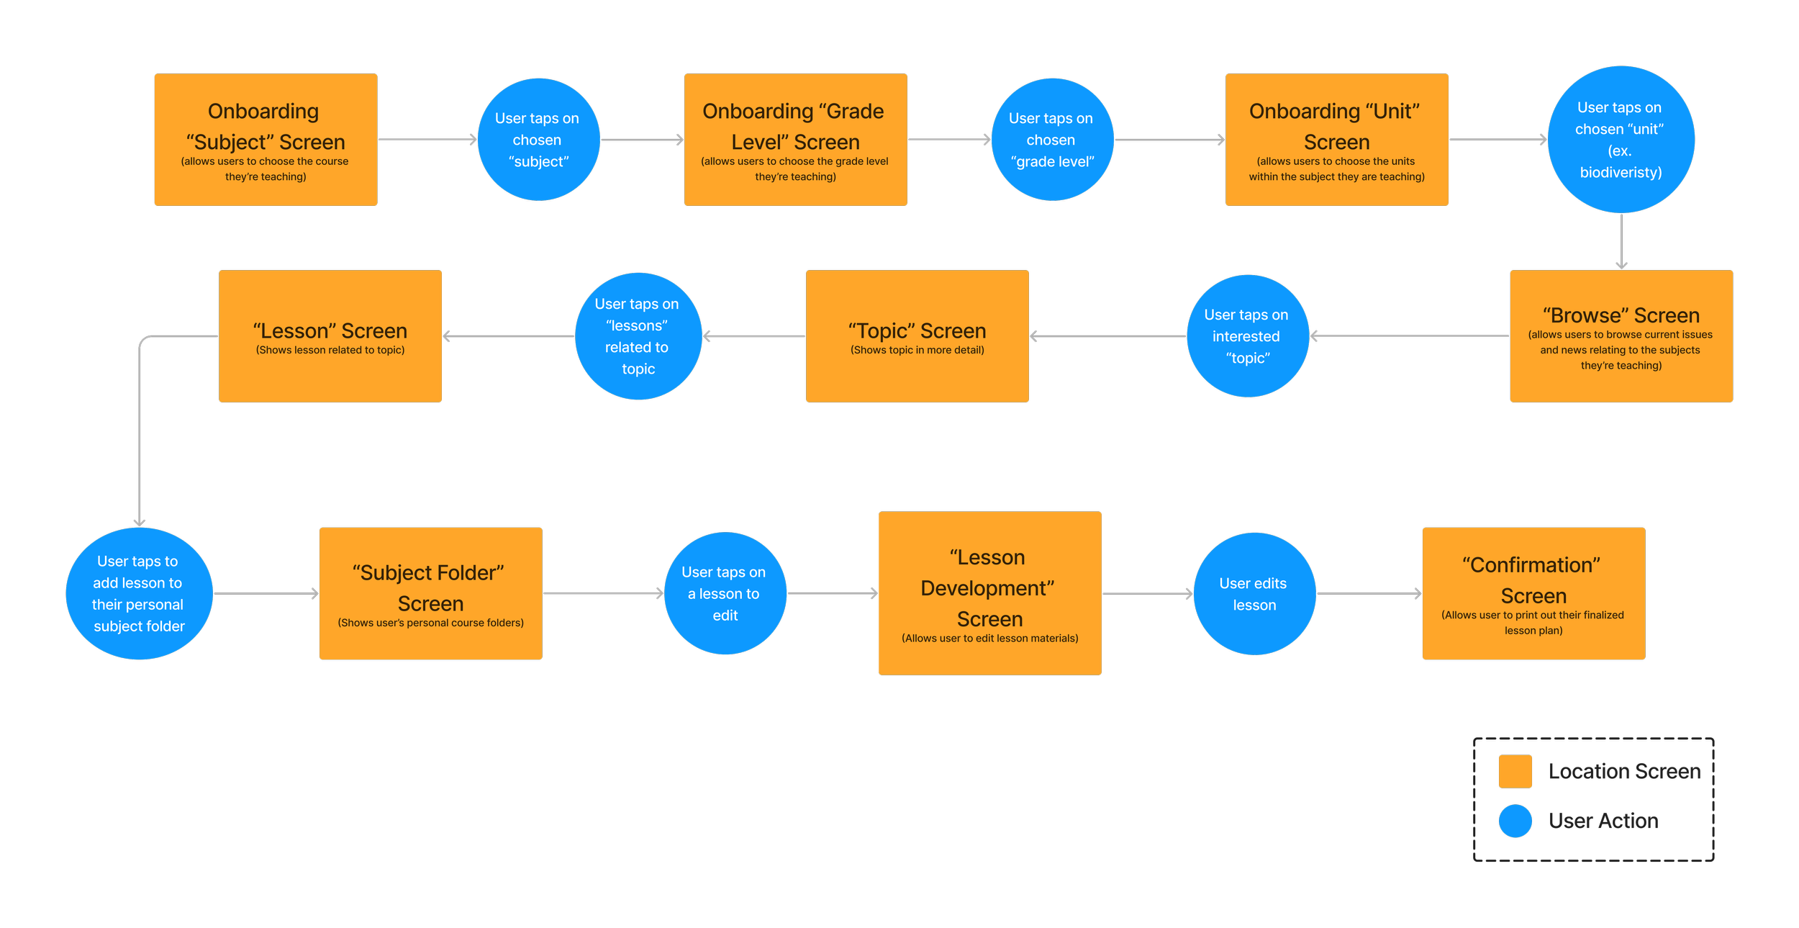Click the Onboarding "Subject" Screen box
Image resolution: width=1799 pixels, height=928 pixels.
tap(266, 140)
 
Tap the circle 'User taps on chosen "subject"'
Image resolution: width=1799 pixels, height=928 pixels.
tap(538, 140)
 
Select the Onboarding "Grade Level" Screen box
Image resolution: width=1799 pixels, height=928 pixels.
tap(795, 140)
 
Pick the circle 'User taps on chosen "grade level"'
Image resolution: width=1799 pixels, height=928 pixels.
tap(1052, 140)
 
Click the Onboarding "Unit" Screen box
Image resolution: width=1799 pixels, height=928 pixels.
tap(1336, 140)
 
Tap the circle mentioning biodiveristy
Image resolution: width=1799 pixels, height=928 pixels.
tap(1621, 140)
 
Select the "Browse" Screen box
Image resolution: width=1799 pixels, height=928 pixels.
tap(1621, 336)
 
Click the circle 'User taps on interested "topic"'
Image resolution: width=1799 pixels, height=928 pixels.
tap(1247, 336)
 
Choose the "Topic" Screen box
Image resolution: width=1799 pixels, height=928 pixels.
tap(917, 336)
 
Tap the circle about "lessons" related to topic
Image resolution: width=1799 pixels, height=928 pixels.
tap(638, 336)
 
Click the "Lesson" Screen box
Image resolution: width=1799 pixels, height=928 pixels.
tap(330, 336)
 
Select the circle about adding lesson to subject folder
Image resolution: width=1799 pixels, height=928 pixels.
tap(139, 593)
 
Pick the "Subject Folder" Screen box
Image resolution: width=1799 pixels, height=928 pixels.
tap(430, 593)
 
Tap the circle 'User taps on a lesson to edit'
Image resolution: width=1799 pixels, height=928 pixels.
tap(725, 593)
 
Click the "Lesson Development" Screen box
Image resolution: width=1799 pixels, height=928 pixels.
tap(989, 593)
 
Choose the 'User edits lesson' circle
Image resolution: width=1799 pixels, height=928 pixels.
tap(1254, 593)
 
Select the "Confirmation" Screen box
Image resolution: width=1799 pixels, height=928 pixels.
tap(1533, 593)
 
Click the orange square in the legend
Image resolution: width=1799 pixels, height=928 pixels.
tap(1515, 771)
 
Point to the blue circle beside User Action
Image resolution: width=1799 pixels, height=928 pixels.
tap(1515, 821)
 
